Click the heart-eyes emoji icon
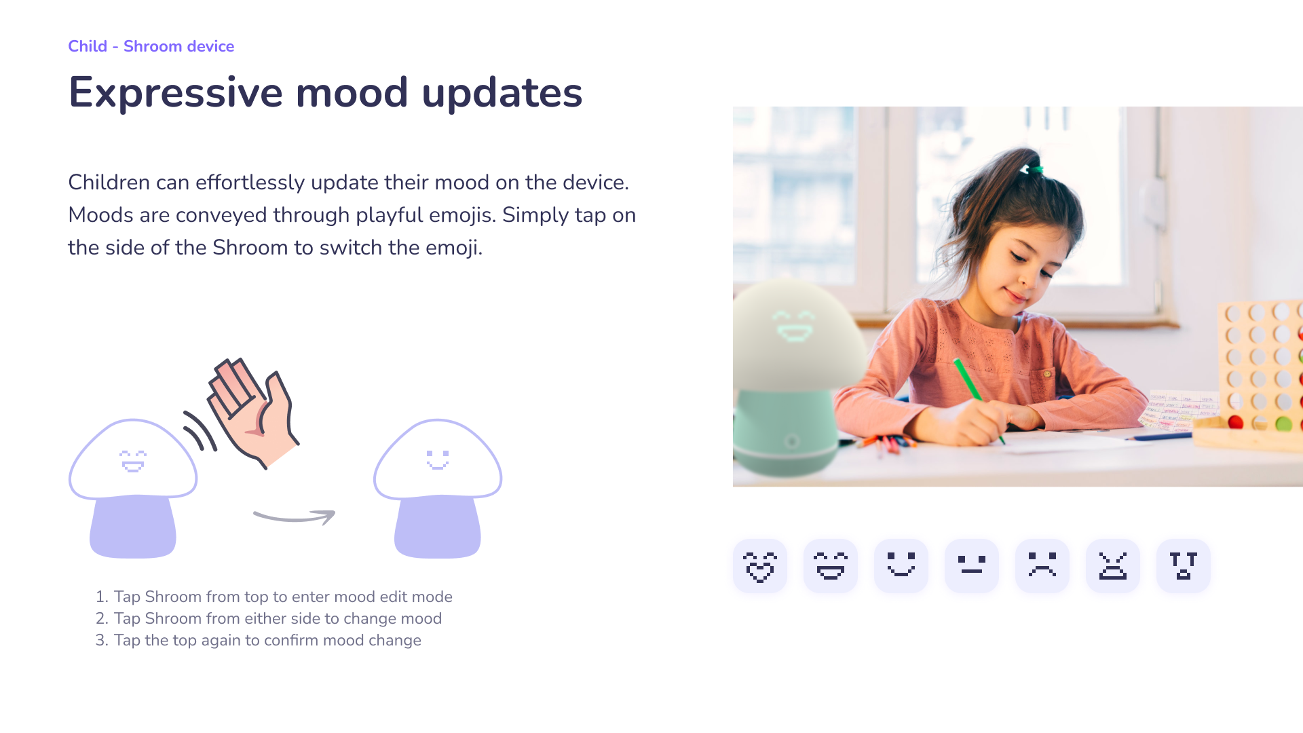click(x=760, y=566)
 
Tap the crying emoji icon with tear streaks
click(x=1184, y=566)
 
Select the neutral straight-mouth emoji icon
click(x=972, y=566)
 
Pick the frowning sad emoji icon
click(x=1042, y=566)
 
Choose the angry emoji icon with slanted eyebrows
click(x=1113, y=566)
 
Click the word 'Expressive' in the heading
click(x=176, y=93)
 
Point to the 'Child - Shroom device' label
click(x=151, y=46)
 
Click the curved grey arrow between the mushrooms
click(x=294, y=519)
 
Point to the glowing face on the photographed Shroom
click(x=795, y=326)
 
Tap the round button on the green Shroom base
click(x=791, y=442)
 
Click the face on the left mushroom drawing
click(x=133, y=461)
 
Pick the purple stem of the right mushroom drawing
click(x=438, y=527)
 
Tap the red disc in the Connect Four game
click(x=1236, y=423)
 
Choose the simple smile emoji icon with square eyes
click(x=901, y=566)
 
